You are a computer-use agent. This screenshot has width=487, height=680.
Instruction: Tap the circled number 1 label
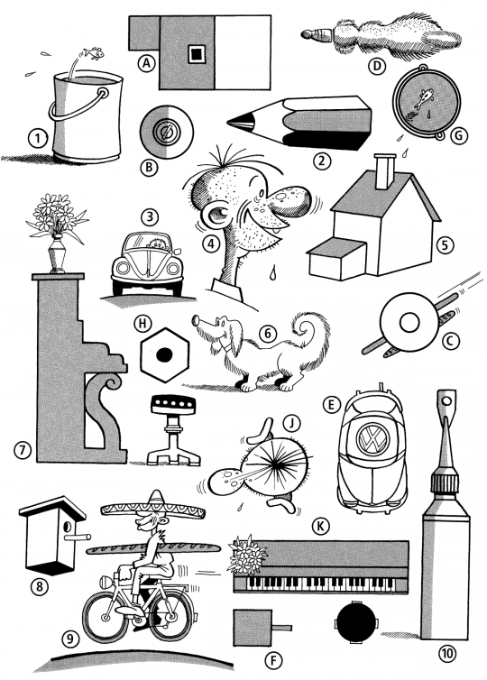[37, 139]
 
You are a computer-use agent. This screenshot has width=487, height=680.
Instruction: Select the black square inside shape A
[197, 54]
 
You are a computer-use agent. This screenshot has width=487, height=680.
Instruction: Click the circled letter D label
[377, 66]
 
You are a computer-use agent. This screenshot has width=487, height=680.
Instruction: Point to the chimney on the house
[384, 171]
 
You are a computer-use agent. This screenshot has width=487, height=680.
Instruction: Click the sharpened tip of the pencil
[229, 123]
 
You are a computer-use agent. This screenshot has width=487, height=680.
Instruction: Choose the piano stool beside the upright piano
[173, 429]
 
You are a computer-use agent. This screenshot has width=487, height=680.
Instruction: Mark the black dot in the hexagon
[164, 355]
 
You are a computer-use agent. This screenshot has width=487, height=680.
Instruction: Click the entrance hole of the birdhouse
[68, 528]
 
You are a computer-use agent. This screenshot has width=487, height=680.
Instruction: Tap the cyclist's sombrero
[153, 508]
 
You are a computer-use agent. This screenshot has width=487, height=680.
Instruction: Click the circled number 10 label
[445, 653]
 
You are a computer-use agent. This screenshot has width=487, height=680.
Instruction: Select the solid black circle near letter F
[355, 623]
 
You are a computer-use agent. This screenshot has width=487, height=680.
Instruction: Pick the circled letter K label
[320, 527]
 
